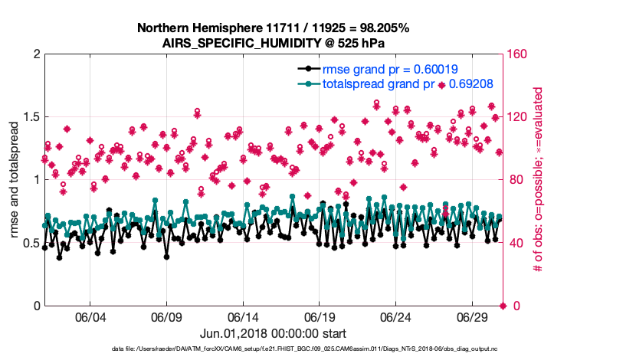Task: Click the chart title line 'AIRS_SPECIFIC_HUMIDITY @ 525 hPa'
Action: [274, 42]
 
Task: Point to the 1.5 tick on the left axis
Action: [28, 117]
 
